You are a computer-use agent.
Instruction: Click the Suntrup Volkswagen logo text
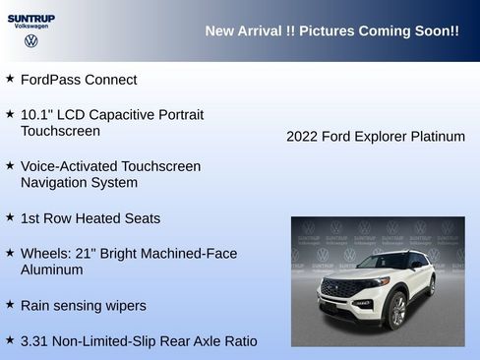pos(30,22)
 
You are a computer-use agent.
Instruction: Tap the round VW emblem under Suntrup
pos(30,41)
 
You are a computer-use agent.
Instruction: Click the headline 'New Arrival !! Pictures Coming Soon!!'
pos(331,31)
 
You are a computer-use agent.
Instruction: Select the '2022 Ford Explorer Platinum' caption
pos(375,137)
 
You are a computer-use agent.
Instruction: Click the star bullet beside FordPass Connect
pos(10,78)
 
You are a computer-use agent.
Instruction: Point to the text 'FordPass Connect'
pos(79,80)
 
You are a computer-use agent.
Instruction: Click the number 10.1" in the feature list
pos(36,115)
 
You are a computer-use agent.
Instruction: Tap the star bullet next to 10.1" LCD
pos(10,113)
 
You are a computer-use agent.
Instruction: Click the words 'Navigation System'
pos(79,183)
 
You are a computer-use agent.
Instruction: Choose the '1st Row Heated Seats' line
pos(90,218)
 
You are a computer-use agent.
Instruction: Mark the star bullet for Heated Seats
pos(10,216)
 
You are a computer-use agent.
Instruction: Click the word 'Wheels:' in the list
pos(45,254)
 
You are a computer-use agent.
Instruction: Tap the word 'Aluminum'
pos(54,270)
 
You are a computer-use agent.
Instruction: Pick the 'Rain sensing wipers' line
pos(84,306)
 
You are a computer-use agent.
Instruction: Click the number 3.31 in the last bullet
pos(36,341)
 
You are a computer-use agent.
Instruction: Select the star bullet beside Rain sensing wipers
pos(10,304)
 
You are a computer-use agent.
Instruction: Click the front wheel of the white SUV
pos(397,312)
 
